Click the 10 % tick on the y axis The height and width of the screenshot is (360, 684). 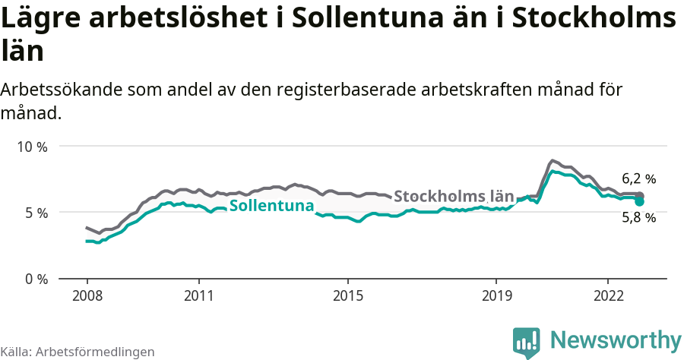(32, 147)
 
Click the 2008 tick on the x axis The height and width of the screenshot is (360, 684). (87, 295)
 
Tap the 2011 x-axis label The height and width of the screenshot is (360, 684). (198, 295)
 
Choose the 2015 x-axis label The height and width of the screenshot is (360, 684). (347, 295)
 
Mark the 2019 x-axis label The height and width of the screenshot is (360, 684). (496, 295)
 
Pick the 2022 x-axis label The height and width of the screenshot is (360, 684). (608, 295)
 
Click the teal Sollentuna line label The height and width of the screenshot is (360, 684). (271, 206)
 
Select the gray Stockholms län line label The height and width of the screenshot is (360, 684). (454, 195)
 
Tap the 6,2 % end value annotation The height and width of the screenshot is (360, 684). (638, 179)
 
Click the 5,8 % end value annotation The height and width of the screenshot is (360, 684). (638, 217)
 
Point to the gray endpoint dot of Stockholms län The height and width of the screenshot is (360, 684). (640, 196)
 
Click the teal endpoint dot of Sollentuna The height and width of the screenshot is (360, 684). (640, 202)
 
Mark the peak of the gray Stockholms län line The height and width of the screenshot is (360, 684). (553, 161)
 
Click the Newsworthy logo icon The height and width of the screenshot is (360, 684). (527, 343)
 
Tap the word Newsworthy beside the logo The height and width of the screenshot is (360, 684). (616, 339)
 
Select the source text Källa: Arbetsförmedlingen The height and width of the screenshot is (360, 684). (78, 352)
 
